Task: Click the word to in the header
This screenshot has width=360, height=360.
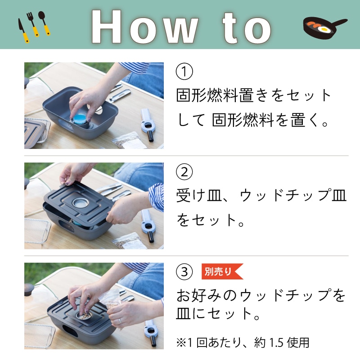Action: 245,26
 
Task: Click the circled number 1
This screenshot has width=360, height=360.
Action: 184,72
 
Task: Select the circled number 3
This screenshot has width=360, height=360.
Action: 184,271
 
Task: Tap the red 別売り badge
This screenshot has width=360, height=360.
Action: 220,271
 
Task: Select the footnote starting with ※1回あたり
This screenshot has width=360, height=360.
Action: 243,342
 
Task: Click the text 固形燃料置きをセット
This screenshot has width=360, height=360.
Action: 254,95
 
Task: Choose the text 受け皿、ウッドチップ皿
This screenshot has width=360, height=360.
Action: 261,196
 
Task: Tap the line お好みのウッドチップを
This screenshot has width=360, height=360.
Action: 261,296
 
